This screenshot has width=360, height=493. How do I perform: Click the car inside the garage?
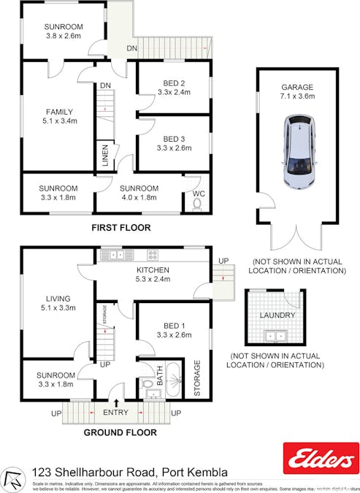[297, 153]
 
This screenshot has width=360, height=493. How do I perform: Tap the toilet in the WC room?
[196, 205]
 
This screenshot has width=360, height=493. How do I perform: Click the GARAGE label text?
[296, 86]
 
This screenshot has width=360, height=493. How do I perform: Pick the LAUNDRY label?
[277, 316]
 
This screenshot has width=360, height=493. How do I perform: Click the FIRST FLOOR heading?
[120, 228]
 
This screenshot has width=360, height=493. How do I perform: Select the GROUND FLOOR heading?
[120, 432]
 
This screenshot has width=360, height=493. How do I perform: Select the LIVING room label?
[57, 299]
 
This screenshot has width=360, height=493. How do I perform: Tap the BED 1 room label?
[173, 325]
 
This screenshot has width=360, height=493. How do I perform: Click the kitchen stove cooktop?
[153, 255]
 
